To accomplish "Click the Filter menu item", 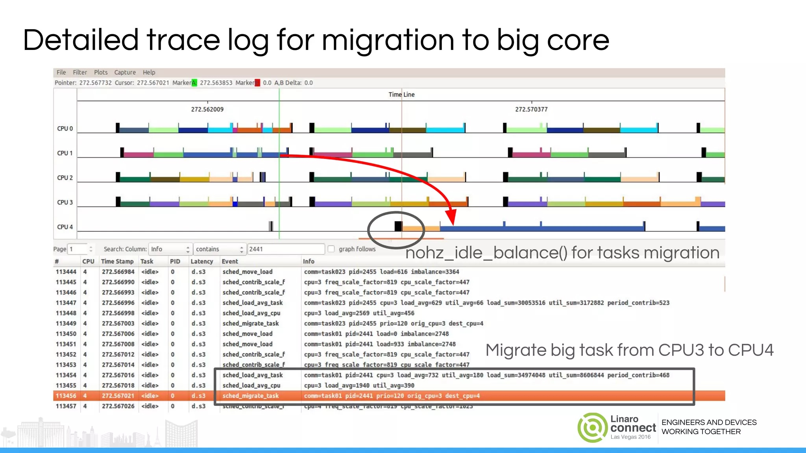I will point(79,72).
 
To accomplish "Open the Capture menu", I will point(125,72).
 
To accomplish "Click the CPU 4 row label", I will point(65,227).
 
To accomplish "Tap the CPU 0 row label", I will point(65,129).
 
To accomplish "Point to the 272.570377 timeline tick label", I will point(531,109).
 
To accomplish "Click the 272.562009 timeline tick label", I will point(207,109).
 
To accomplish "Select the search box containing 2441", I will point(285,249).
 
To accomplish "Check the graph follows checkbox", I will point(331,249).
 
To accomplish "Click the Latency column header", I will point(201,261).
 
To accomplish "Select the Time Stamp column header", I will point(117,261).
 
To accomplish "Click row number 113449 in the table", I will point(66,323).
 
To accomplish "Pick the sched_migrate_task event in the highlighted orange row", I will point(250,396).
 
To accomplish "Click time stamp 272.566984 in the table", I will point(118,272).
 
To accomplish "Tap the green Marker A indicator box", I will point(194,83).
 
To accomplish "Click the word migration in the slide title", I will point(388,40).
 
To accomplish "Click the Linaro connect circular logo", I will point(592,427).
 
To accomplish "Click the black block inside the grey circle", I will point(398,226).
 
